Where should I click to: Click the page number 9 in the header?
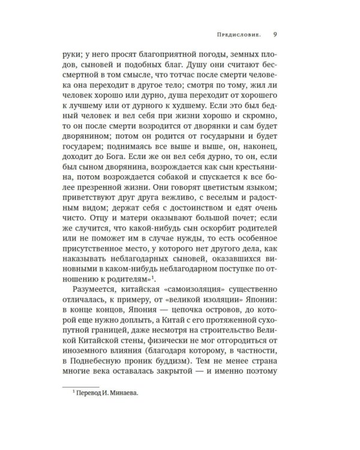click(274, 34)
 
